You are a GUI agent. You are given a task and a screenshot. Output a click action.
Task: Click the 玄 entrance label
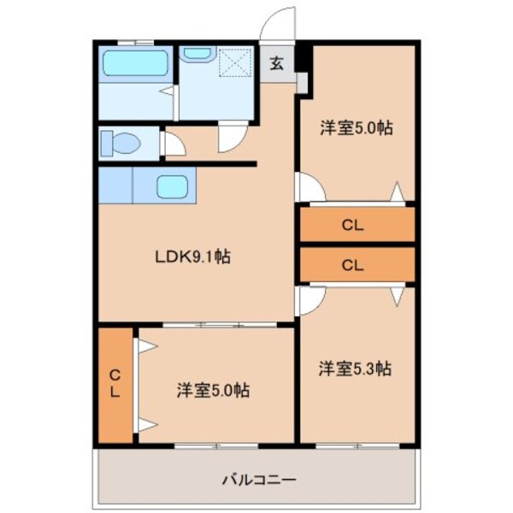pos(277,62)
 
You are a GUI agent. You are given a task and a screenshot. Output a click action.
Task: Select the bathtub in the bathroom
pos(135,65)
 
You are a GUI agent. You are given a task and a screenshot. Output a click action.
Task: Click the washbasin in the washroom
pos(198,54)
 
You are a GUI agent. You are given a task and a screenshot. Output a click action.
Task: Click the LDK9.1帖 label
pos(192,255)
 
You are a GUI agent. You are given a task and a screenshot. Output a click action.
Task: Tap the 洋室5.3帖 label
pos(356,369)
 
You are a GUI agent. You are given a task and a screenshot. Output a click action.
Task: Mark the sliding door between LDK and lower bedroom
pos(217,325)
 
